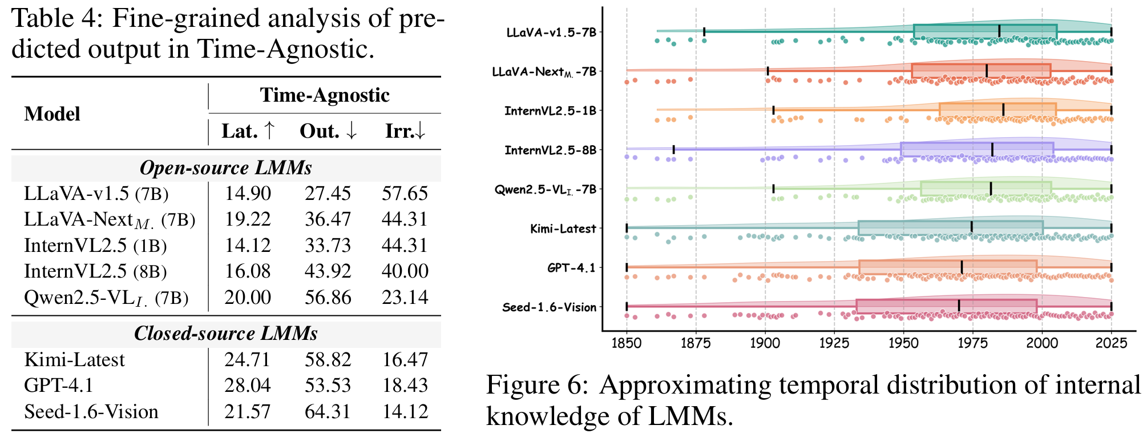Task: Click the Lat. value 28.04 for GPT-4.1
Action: [x=248, y=386]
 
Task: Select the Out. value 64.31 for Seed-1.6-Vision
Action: [x=328, y=412]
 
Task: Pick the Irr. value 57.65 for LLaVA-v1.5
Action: [x=405, y=194]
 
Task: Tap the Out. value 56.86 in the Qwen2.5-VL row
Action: [x=328, y=298]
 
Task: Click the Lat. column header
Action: [x=248, y=131]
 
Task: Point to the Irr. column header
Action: [x=405, y=131]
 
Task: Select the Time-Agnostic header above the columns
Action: [x=325, y=95]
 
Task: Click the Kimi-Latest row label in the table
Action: [x=74, y=360]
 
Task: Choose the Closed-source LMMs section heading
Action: [x=226, y=334]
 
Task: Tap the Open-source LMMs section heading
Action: [x=226, y=168]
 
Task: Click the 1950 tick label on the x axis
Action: [x=903, y=343]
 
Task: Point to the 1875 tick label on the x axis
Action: [x=696, y=343]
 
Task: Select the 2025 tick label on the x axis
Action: [x=1111, y=343]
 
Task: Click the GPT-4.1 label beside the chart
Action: [x=571, y=268]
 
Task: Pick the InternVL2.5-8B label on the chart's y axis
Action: [x=550, y=150]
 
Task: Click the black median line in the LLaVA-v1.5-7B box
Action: [x=999, y=31]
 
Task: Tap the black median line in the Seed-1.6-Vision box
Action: [x=959, y=306]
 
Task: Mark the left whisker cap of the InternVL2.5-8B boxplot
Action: [x=674, y=150]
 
